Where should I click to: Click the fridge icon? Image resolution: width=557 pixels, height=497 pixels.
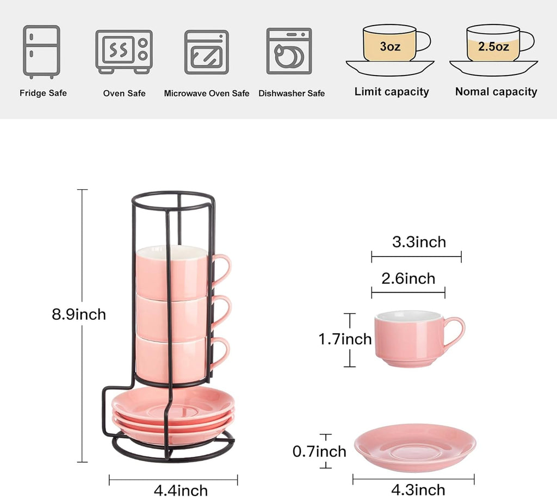[x=41, y=51]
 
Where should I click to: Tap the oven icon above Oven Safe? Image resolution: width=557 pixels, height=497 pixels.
[x=123, y=51]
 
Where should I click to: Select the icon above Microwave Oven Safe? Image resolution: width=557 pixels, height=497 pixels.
[x=206, y=52]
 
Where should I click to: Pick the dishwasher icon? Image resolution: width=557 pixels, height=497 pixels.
[x=289, y=51]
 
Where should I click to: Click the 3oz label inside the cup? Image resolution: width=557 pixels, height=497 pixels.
[x=390, y=46]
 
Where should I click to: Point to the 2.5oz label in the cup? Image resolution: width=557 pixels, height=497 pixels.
[x=493, y=46]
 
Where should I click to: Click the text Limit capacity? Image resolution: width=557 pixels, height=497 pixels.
[x=392, y=92]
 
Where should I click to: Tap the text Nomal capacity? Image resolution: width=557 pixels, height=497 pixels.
[x=496, y=92]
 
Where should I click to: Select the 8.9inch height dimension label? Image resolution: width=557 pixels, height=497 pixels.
[x=79, y=314]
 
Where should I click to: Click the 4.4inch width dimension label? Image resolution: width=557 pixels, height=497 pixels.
[x=181, y=490]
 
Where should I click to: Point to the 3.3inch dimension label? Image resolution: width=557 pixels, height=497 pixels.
[x=419, y=242]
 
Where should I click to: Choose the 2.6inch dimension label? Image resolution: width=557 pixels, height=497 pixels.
[x=408, y=279]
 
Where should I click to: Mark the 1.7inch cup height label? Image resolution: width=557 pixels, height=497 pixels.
[x=345, y=339]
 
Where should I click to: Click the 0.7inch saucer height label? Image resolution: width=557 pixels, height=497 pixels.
[x=319, y=451]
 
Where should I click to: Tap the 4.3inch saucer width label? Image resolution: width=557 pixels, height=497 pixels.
[x=418, y=489]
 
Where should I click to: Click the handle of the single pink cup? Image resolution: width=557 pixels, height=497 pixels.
[x=456, y=333]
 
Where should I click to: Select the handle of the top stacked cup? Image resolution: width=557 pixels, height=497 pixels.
[x=222, y=270]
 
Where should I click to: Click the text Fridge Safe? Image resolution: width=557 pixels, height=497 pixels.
[x=43, y=93]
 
